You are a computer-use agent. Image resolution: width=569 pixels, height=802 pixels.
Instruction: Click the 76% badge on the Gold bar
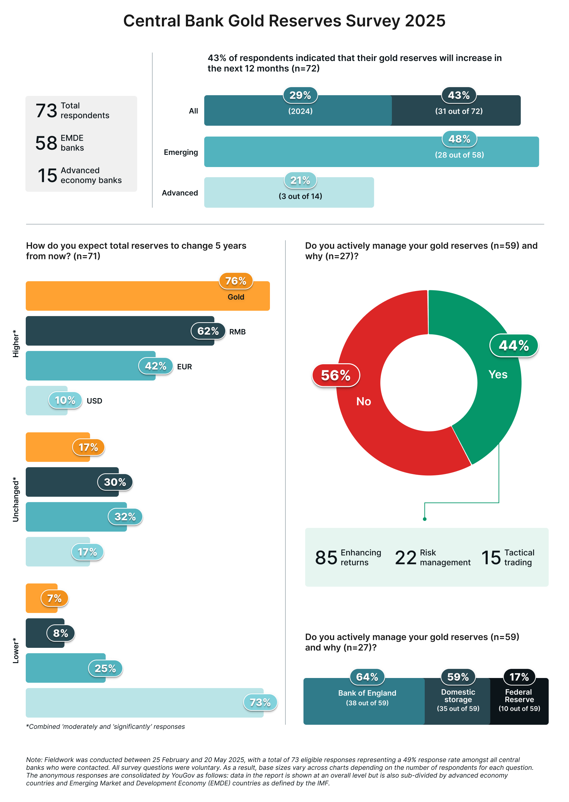pyautogui.click(x=236, y=281)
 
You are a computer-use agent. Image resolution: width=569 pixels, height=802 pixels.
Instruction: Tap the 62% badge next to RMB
pyautogui.click(x=208, y=331)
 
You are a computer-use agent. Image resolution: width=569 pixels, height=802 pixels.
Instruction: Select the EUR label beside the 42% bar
pyautogui.click(x=184, y=367)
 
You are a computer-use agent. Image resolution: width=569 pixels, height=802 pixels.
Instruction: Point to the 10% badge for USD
pyautogui.click(x=65, y=400)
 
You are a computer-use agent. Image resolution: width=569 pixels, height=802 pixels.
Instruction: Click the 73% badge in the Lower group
pyautogui.click(x=260, y=702)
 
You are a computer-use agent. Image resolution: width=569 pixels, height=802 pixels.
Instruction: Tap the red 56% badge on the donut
pyautogui.click(x=336, y=375)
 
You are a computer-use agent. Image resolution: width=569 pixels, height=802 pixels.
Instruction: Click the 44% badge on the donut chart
pyautogui.click(x=514, y=346)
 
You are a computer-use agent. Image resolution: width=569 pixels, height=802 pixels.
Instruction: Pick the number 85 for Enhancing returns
pyautogui.click(x=326, y=558)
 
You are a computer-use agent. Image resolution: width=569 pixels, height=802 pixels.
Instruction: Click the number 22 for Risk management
pyautogui.click(x=405, y=558)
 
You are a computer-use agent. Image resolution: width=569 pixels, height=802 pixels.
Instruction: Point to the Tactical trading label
pyautogui.click(x=519, y=557)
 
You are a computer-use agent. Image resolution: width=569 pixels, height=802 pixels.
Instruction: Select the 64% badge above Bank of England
pyautogui.click(x=367, y=677)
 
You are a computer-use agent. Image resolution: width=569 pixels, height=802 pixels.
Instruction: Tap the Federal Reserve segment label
pyautogui.click(x=519, y=696)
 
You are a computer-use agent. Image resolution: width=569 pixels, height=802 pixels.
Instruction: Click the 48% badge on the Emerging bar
pyautogui.click(x=459, y=139)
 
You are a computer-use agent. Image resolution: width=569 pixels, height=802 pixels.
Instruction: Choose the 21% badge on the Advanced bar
pyautogui.click(x=300, y=181)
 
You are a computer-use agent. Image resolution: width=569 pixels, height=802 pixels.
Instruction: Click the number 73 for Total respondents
pyautogui.click(x=46, y=111)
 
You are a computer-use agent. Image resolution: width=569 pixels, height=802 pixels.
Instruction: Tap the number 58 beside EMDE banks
pyautogui.click(x=46, y=143)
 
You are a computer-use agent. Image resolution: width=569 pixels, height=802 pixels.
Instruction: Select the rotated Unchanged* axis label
pyautogui.click(x=16, y=499)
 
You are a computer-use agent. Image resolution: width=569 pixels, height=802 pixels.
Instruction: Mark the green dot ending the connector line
pyautogui.click(x=425, y=519)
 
